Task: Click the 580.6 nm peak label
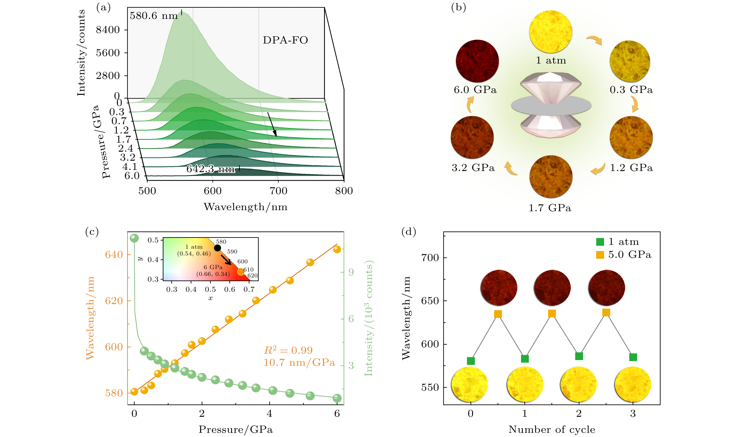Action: tap(154, 16)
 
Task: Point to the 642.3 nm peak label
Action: tap(211, 169)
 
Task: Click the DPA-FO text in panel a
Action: tap(285, 40)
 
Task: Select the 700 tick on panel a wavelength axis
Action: tap(278, 191)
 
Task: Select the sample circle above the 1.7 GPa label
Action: tap(551, 177)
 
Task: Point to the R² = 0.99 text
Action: tap(288, 350)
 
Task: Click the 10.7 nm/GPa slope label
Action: tap(299, 362)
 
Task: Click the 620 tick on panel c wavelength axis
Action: tap(114, 301)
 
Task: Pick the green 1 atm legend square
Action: tap(600, 242)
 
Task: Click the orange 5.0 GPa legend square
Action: tap(600, 255)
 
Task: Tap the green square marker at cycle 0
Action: tap(471, 361)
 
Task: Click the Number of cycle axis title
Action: tap(551, 429)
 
